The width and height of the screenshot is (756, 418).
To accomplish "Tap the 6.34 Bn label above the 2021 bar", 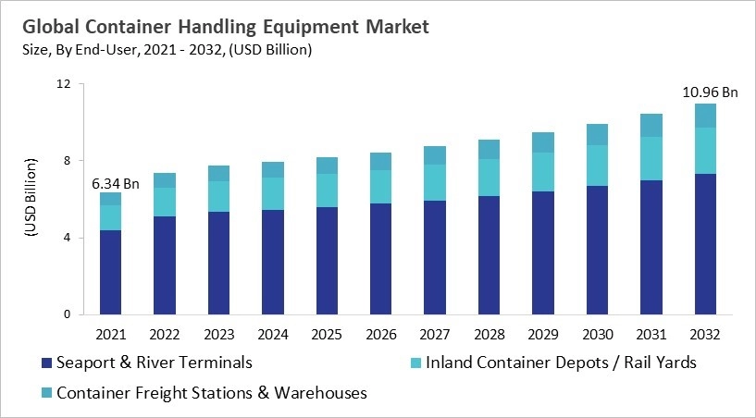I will click(x=114, y=183).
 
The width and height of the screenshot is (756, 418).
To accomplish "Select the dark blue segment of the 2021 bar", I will click(x=111, y=272).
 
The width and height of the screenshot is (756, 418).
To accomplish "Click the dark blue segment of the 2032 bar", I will click(x=705, y=244).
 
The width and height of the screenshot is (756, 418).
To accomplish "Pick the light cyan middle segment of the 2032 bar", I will click(x=705, y=151).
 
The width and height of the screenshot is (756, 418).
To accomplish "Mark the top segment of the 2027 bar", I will click(x=435, y=155).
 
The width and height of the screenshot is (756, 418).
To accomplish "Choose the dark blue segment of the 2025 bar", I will click(x=327, y=261).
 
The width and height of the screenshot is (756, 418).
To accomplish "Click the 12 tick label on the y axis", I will click(x=64, y=84).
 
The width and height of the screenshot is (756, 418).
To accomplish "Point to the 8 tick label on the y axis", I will click(x=68, y=161).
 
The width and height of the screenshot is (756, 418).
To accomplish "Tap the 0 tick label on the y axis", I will click(x=68, y=314).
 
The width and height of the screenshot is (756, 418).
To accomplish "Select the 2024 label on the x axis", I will click(x=273, y=333).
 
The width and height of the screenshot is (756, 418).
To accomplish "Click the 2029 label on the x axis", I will click(x=543, y=333).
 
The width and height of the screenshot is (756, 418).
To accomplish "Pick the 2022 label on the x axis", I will click(x=165, y=333).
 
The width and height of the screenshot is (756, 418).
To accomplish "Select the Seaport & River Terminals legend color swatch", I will click(x=44, y=363).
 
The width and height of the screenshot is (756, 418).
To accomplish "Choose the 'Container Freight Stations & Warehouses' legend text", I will click(x=212, y=393).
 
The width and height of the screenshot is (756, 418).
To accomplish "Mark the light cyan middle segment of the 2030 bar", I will click(x=597, y=166).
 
